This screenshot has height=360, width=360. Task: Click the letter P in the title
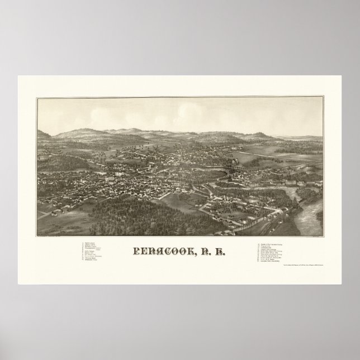click(135, 251)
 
